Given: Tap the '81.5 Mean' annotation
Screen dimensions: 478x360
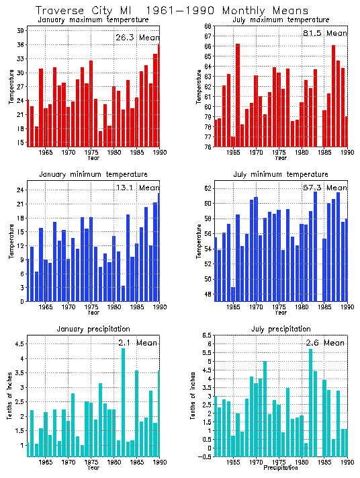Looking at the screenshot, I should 325,33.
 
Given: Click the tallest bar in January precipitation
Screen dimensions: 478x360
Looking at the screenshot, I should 123,402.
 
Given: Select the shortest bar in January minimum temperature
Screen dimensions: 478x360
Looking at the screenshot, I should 123,294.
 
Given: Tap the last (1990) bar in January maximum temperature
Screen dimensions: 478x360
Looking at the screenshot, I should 159,95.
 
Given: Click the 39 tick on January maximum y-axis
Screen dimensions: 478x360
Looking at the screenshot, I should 21,31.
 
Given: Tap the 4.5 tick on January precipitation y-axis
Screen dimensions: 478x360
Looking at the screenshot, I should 20,344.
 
